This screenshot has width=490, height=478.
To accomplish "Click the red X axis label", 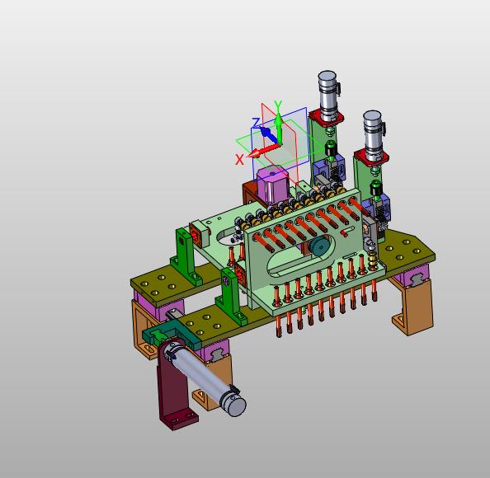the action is tap(239, 160).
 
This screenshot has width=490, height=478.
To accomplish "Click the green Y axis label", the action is tap(278, 105).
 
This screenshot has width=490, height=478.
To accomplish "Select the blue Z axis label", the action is tap(257, 123).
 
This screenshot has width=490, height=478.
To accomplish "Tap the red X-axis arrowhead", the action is tap(254, 153).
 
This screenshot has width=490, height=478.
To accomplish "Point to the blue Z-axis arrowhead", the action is tap(266, 132).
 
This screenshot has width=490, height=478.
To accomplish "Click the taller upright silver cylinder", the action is tap(328, 94).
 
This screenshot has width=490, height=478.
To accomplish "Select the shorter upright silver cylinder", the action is tap(374, 135).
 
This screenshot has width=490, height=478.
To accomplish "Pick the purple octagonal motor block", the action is tap(272, 185).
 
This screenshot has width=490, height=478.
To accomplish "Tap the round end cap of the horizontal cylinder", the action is tap(236, 406).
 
